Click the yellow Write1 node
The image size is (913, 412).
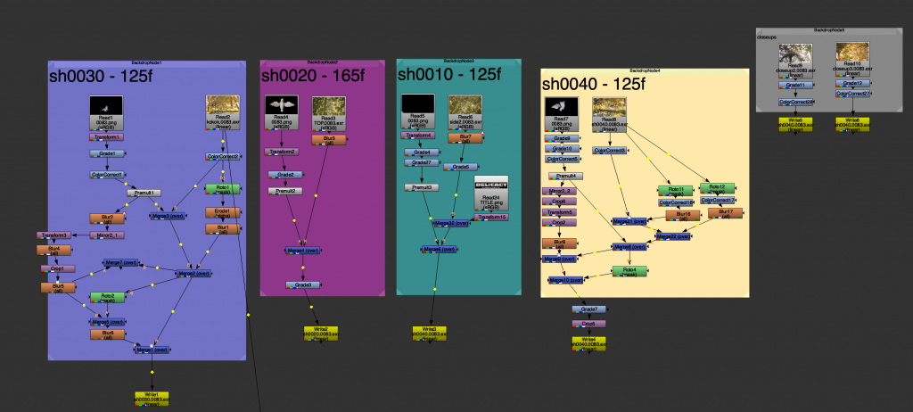[152, 397]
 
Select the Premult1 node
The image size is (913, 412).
[143, 193]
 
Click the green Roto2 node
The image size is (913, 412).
[107, 297]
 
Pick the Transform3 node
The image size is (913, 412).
[53, 235]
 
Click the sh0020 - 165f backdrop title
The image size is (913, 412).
[313, 77]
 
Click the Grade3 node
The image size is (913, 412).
[303, 285]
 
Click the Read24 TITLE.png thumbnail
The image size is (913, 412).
[490, 186]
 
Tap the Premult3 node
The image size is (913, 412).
[422, 187]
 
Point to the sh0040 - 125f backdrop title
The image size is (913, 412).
[593, 84]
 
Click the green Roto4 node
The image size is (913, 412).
[629, 271]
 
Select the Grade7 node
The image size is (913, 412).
[588, 309]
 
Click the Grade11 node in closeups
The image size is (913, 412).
[794, 84]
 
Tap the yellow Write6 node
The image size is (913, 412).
[853, 122]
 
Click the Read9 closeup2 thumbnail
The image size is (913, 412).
[794, 55]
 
